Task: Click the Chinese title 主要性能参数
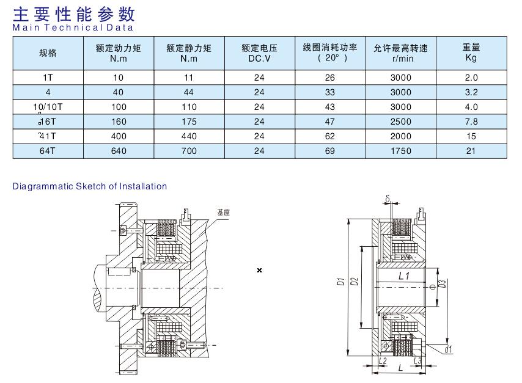tap(74, 13)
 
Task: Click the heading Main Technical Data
tap(73, 27)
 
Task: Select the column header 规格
tap(47, 53)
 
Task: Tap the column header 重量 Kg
tap(471, 53)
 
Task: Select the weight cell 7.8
tap(471, 122)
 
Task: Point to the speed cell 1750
tap(401, 151)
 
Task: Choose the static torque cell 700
tap(189, 151)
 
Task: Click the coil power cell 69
tap(330, 151)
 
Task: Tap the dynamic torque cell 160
tap(119, 122)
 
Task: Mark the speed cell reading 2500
tap(401, 122)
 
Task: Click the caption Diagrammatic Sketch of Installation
tap(90, 186)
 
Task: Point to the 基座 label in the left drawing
tap(223, 213)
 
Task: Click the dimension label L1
tap(403, 276)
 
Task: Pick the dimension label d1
tap(448, 349)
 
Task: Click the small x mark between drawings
tap(260, 270)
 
